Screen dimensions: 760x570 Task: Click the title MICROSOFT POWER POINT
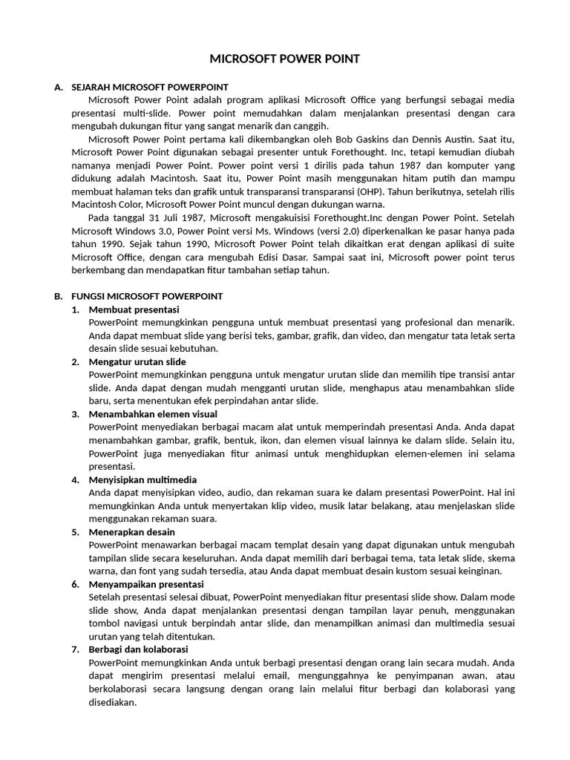pyautogui.click(x=285, y=59)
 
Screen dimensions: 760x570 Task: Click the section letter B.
pyautogui.click(x=58, y=296)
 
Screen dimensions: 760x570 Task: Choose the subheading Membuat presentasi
pyautogui.click(x=134, y=309)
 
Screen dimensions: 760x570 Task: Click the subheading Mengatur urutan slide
pyautogui.click(x=137, y=361)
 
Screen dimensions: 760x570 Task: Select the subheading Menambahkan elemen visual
pyautogui.click(x=153, y=414)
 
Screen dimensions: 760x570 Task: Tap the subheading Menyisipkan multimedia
pyautogui.click(x=142, y=479)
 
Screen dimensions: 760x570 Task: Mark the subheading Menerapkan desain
pyautogui.click(x=131, y=532)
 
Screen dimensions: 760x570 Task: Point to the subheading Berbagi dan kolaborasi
pyautogui.click(x=138, y=649)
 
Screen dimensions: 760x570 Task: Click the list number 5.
pyautogui.click(x=75, y=532)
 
